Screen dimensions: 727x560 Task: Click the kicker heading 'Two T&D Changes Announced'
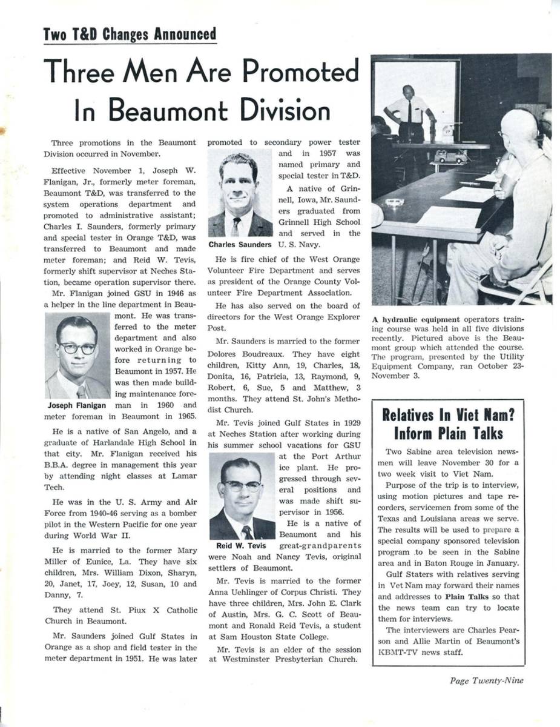coord(130,34)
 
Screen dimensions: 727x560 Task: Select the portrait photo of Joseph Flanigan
coord(77,356)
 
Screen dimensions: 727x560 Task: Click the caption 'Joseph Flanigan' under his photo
coord(77,405)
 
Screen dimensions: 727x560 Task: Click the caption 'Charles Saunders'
coord(240,245)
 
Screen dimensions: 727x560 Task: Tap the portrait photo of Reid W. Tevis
coord(242,497)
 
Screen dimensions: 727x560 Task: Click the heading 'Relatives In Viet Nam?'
coord(448,415)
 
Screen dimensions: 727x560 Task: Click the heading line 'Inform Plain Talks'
coord(448,433)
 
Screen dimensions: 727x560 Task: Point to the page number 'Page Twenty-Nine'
coord(487,680)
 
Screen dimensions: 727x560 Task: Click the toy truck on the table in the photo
coord(451,157)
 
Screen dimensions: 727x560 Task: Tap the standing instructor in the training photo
coord(409,112)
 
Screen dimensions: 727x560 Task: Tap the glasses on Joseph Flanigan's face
coord(77,348)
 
